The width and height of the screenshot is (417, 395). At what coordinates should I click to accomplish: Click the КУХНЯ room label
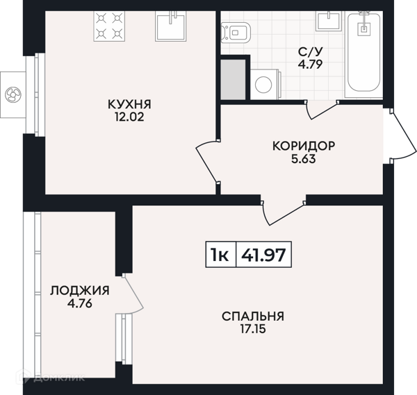point(129,104)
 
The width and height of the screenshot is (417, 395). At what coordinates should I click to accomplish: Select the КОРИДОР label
point(304,146)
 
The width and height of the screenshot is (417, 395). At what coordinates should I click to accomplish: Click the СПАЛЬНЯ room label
point(253,316)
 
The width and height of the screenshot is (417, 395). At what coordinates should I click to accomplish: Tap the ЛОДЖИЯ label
point(80,290)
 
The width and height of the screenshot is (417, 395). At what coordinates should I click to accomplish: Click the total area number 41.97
point(264,255)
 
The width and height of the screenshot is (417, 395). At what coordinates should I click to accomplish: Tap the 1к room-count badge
point(220,255)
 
